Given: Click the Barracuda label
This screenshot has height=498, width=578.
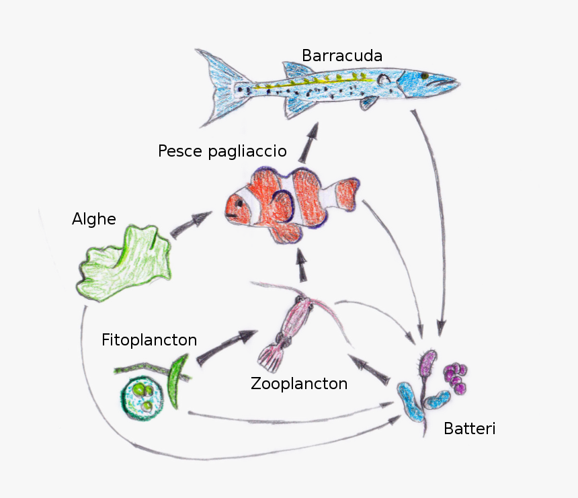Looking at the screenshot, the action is pos(342,56).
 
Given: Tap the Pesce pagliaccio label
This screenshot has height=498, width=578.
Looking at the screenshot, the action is pos(222,151).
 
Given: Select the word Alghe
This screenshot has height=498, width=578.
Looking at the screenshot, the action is pos(94,219).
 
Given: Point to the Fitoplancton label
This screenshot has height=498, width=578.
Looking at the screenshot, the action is pos(149,340).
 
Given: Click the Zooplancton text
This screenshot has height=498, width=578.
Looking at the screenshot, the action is pos(299,384).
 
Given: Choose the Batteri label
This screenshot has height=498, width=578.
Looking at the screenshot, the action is pos(470,428).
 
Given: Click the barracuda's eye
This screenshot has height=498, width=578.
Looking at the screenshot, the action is pos(425,76).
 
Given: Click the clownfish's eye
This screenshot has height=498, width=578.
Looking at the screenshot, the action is pos(240,203).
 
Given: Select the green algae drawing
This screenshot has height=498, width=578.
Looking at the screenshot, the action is pos(124,263).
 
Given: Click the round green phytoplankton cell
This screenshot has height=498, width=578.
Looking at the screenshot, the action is pos(142,397).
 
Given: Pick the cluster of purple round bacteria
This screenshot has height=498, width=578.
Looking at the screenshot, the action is pos(455,378).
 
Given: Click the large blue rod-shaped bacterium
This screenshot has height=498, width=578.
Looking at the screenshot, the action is pos(411,402).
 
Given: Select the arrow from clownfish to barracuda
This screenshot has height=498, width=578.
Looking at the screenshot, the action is pos(309,142).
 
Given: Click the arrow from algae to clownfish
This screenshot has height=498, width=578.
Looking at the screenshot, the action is pos(191,224).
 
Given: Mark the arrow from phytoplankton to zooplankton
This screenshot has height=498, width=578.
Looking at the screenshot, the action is pos(226,347).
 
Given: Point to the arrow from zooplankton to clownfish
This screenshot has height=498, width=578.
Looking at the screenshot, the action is pos(302,265).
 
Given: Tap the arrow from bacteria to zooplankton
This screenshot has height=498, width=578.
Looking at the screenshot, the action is pos(368,370).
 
